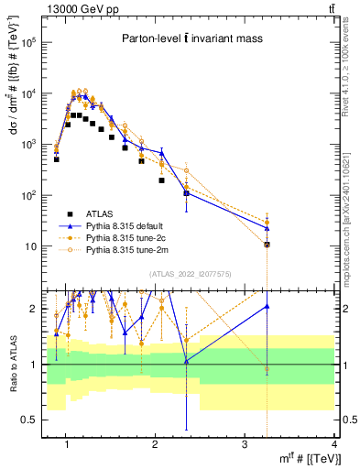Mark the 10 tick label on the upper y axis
tap(34, 246)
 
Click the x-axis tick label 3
tap(245, 446)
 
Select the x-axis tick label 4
tap(334, 446)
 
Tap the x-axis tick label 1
tap(67, 446)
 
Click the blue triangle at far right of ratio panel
tap(267, 307)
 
